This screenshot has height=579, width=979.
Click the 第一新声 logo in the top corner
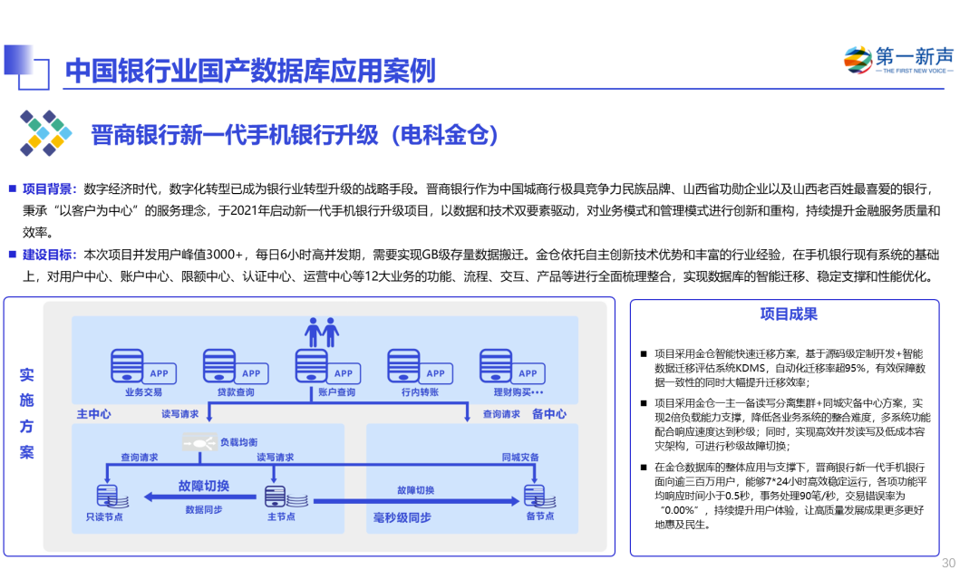[898, 59]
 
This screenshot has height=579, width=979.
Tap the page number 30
[948, 563]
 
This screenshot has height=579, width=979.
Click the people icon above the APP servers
[322, 332]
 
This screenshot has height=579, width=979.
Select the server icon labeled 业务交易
[128, 366]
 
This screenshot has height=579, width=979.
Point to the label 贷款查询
[235, 392]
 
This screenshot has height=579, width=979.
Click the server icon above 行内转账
[404, 366]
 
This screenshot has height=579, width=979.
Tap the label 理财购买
[518, 392]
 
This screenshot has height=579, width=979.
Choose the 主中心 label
[94, 413]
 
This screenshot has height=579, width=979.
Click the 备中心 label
[549, 413]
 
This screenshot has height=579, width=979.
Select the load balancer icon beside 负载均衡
[199, 442]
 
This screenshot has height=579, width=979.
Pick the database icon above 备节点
[535, 496]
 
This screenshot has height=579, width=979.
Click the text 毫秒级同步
[402, 517]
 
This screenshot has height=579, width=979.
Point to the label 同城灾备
[520, 458]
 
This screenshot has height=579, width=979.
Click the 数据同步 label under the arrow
[204, 509]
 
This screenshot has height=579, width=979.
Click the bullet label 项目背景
[49, 188]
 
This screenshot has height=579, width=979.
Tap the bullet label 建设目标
[49, 255]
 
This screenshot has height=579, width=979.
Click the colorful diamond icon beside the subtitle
[45, 134]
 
